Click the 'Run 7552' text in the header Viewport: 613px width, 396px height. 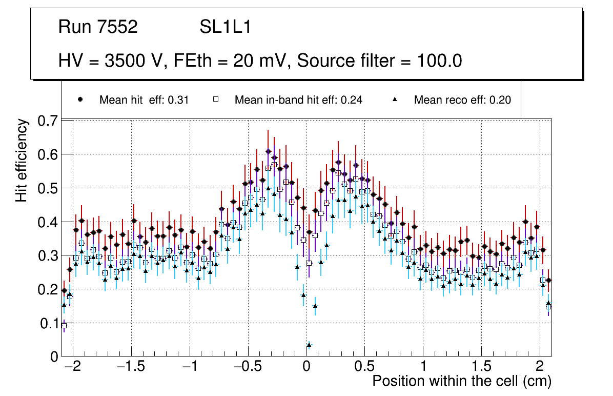point(98,27)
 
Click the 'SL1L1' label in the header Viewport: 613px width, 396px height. point(225,27)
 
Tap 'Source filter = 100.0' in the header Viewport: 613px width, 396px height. point(379,61)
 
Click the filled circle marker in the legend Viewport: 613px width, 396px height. point(80,100)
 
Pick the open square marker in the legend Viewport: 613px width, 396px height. point(216,100)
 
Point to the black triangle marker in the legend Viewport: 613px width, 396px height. point(395,100)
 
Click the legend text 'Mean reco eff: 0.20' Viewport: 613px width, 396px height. point(462,100)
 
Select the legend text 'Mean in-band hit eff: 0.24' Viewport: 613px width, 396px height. point(298,100)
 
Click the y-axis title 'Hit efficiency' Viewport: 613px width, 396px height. point(22,160)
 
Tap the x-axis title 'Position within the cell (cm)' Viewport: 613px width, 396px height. point(461,381)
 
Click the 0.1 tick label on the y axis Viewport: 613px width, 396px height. point(48,323)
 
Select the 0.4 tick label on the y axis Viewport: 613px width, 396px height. point(48,222)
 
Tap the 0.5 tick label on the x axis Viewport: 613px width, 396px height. point(364,367)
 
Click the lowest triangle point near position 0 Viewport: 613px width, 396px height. point(309,345)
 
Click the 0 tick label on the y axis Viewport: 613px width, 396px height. point(53,357)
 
